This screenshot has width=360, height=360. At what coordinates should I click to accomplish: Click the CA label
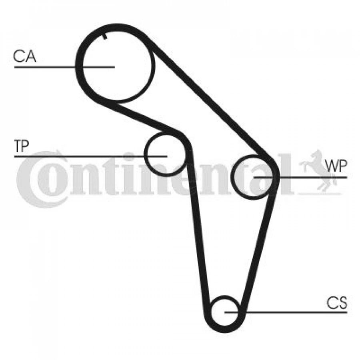tap(25, 56)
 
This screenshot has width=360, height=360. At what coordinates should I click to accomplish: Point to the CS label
tap(337, 303)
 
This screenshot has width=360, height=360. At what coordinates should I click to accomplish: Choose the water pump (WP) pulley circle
tap(232, 177)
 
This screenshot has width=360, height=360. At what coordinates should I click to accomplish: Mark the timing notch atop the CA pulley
tap(105, 36)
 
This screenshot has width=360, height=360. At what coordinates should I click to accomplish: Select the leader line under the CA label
tap(64, 67)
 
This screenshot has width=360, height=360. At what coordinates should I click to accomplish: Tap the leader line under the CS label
tap(286, 312)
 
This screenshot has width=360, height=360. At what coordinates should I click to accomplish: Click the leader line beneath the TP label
tap(91, 156)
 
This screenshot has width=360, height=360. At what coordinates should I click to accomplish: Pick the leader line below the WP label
tap(300, 178)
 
